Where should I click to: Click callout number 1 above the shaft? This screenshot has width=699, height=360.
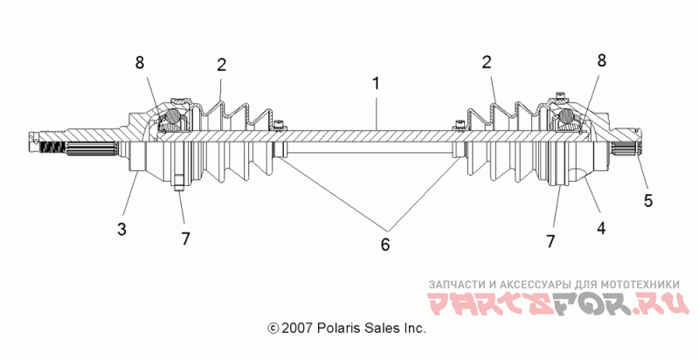(377, 83)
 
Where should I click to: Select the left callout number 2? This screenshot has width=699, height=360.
(222, 65)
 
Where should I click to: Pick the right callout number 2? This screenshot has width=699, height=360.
(487, 62)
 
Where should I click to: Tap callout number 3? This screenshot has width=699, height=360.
(121, 230)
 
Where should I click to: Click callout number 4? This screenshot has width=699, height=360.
(601, 229)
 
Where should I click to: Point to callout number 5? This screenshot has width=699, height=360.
(648, 200)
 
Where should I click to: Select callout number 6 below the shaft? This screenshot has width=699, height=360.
(385, 244)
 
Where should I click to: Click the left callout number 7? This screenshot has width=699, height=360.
(185, 239)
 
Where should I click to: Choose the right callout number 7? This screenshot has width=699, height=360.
(551, 241)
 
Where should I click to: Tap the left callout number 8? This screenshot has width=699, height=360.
(140, 63)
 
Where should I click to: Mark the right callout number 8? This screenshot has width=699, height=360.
(602, 60)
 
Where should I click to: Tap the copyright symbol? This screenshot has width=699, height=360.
(273, 329)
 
